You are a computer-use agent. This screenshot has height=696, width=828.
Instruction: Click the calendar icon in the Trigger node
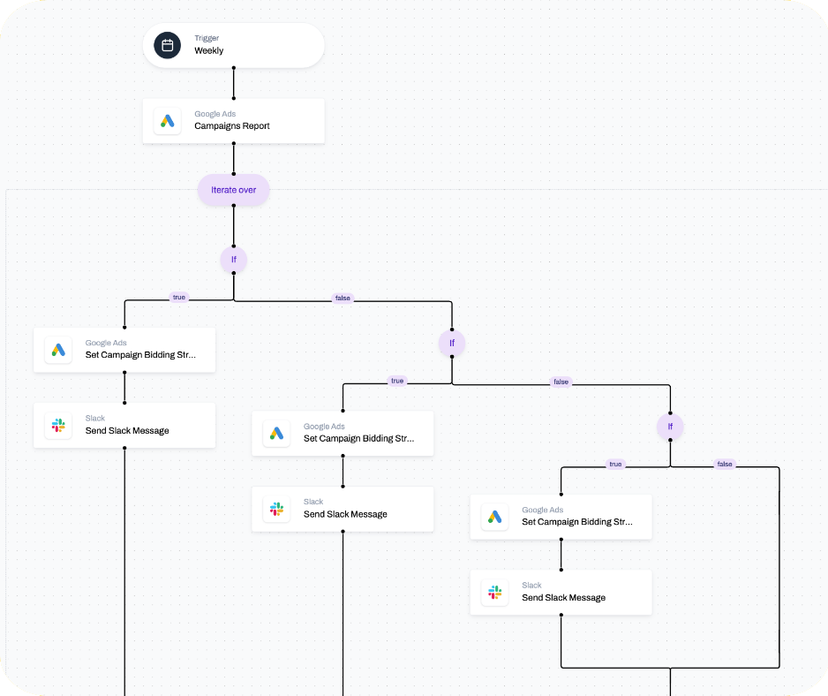pyautogui.click(x=167, y=45)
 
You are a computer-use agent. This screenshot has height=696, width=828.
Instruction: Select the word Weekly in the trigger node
pyautogui.click(x=209, y=51)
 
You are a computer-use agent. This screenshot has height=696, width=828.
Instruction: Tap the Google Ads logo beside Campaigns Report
pyautogui.click(x=167, y=120)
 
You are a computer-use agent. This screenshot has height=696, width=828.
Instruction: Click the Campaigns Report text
pyautogui.click(x=232, y=126)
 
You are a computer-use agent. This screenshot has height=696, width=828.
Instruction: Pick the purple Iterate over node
pyautogui.click(x=233, y=190)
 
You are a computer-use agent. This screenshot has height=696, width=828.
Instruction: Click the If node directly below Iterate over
pyautogui.click(x=233, y=260)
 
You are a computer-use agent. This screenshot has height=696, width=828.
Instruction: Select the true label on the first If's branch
pyautogui.click(x=179, y=298)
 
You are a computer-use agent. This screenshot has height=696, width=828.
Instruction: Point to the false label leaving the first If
pyautogui.click(x=342, y=299)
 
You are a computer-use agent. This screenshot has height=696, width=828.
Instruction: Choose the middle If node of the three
pyautogui.click(x=451, y=343)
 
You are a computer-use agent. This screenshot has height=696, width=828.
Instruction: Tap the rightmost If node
pyautogui.click(x=670, y=427)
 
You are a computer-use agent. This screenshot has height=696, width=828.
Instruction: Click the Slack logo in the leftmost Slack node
pyautogui.click(x=58, y=425)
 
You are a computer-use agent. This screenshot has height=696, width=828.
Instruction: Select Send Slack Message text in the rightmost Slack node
pyautogui.click(x=563, y=598)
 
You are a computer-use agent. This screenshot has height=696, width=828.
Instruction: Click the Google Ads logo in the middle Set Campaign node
pyautogui.click(x=276, y=433)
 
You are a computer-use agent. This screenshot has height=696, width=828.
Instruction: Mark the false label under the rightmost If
pyautogui.click(x=725, y=465)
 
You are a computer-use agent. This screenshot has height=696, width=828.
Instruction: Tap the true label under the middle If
pyautogui.click(x=397, y=382)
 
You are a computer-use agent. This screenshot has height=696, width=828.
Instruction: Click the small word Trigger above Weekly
pyautogui.click(x=207, y=38)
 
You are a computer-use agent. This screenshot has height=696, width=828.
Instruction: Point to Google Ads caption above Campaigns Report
pyautogui.click(x=215, y=114)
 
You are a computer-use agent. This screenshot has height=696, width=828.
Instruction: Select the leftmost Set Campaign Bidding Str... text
pyautogui.click(x=140, y=355)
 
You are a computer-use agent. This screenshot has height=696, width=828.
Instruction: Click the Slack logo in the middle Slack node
pyautogui.click(x=276, y=509)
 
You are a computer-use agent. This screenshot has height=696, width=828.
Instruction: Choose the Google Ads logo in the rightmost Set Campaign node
pyautogui.click(x=494, y=517)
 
